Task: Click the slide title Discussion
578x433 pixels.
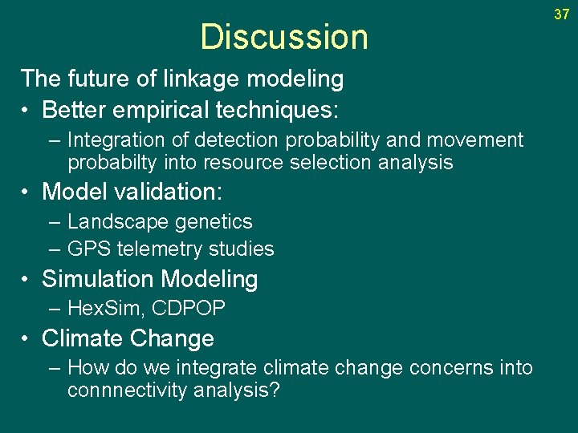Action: tap(283, 37)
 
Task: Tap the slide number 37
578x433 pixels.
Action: tap(561, 14)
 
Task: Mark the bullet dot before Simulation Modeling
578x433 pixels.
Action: tap(27, 280)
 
